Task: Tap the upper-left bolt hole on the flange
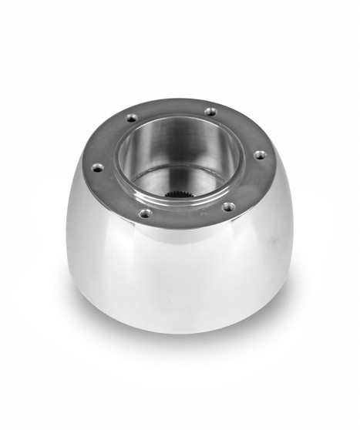pos(131,118)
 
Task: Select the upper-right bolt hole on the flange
pos(210,112)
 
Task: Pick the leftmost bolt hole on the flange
pos(97,166)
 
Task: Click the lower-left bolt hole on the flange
pos(145,213)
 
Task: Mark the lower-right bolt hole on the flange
pos(228,206)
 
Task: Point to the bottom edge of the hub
pos(185,332)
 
